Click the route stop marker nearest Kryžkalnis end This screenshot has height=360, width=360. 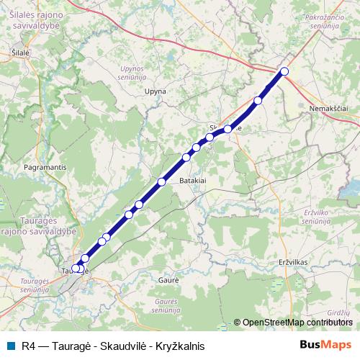point(284,71)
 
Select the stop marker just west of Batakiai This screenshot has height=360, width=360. point(161,182)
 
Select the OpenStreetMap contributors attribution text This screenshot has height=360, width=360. point(297,322)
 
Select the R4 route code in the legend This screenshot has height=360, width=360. point(29,346)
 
